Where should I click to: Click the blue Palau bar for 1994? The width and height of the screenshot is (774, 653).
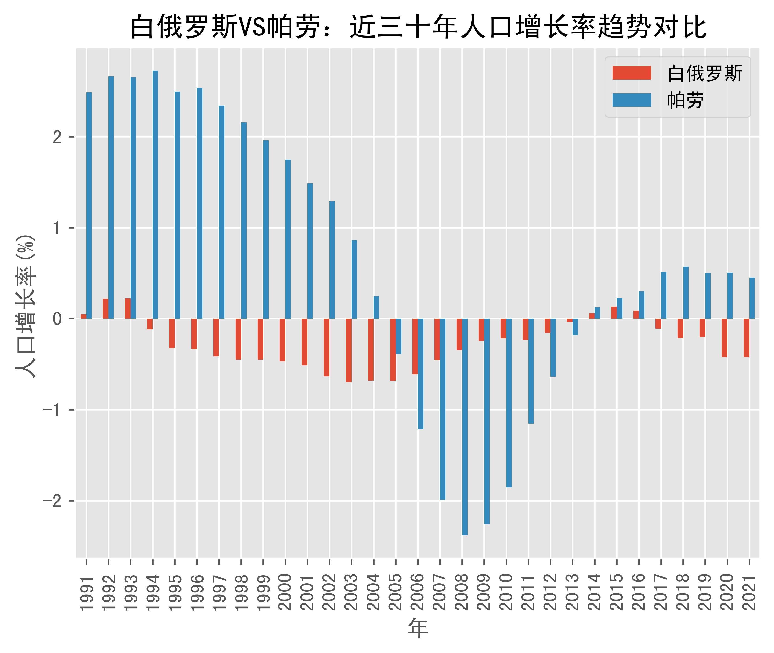point(155,194)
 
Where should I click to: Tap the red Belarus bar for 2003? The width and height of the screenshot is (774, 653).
point(349,350)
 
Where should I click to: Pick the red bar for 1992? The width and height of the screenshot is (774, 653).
point(106,309)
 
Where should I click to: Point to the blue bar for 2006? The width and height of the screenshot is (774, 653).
point(420,374)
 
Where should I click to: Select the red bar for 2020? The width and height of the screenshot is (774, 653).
point(725,338)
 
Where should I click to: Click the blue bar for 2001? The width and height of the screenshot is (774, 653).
point(310,251)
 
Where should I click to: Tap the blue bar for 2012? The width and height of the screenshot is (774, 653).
point(553,348)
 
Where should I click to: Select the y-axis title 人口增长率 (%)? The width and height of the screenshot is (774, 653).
point(26,305)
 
